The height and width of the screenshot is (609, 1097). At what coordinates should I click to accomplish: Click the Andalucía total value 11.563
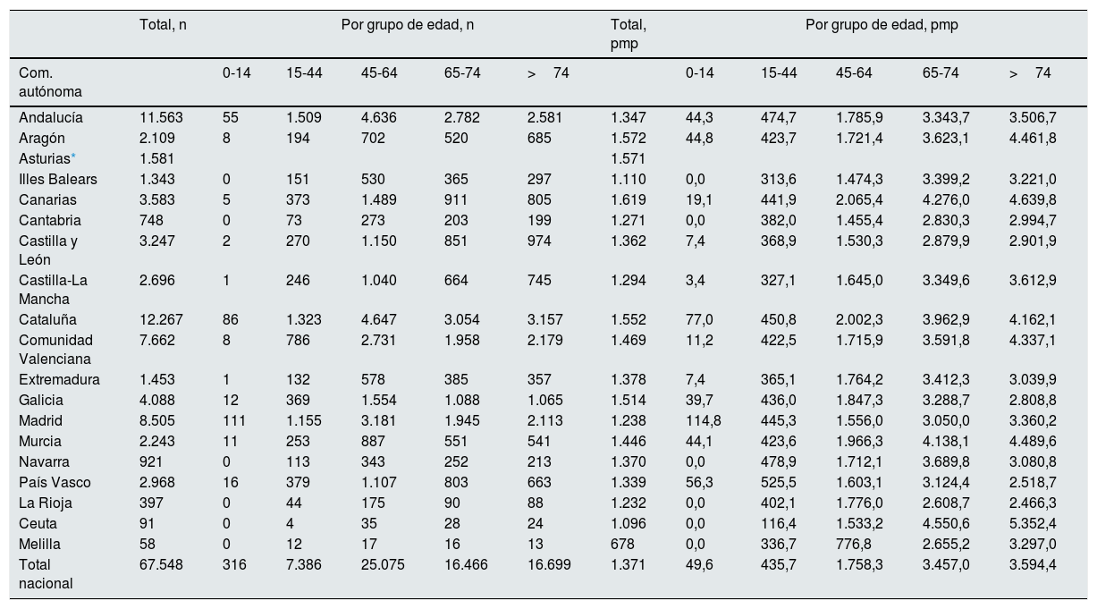point(161,117)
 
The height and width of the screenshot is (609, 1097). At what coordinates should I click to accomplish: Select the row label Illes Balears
point(58,180)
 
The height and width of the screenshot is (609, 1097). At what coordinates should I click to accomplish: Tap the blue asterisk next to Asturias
point(73,156)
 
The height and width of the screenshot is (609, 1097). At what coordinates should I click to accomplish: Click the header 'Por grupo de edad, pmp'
point(882,25)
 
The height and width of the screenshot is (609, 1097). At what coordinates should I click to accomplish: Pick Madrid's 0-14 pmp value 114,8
point(703,421)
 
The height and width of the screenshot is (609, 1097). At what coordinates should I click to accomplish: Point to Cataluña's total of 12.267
point(161,320)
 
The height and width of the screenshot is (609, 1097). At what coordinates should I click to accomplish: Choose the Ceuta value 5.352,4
point(1033,524)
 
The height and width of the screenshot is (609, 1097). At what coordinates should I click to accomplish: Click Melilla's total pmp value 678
point(622,545)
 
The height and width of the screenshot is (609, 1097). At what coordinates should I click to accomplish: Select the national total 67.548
point(161,565)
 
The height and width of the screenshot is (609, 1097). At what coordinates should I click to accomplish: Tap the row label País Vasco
point(55,483)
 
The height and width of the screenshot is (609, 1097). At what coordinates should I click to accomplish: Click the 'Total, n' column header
point(163,25)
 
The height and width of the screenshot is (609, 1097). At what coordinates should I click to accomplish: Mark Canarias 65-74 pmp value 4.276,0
point(946,200)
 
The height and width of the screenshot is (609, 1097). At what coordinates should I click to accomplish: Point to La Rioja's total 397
point(151,503)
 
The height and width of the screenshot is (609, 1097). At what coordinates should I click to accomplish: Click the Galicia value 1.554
point(378,401)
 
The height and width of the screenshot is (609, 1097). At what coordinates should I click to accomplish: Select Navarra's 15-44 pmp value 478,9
point(778,462)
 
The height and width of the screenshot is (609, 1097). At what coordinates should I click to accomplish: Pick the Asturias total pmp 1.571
point(628,159)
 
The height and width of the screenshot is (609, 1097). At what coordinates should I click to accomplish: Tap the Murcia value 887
point(373,442)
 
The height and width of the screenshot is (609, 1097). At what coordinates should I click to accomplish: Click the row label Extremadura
point(59,380)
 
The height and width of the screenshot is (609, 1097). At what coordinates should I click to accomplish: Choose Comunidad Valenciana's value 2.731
point(378,341)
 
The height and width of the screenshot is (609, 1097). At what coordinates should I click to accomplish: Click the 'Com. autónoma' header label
point(50,82)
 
